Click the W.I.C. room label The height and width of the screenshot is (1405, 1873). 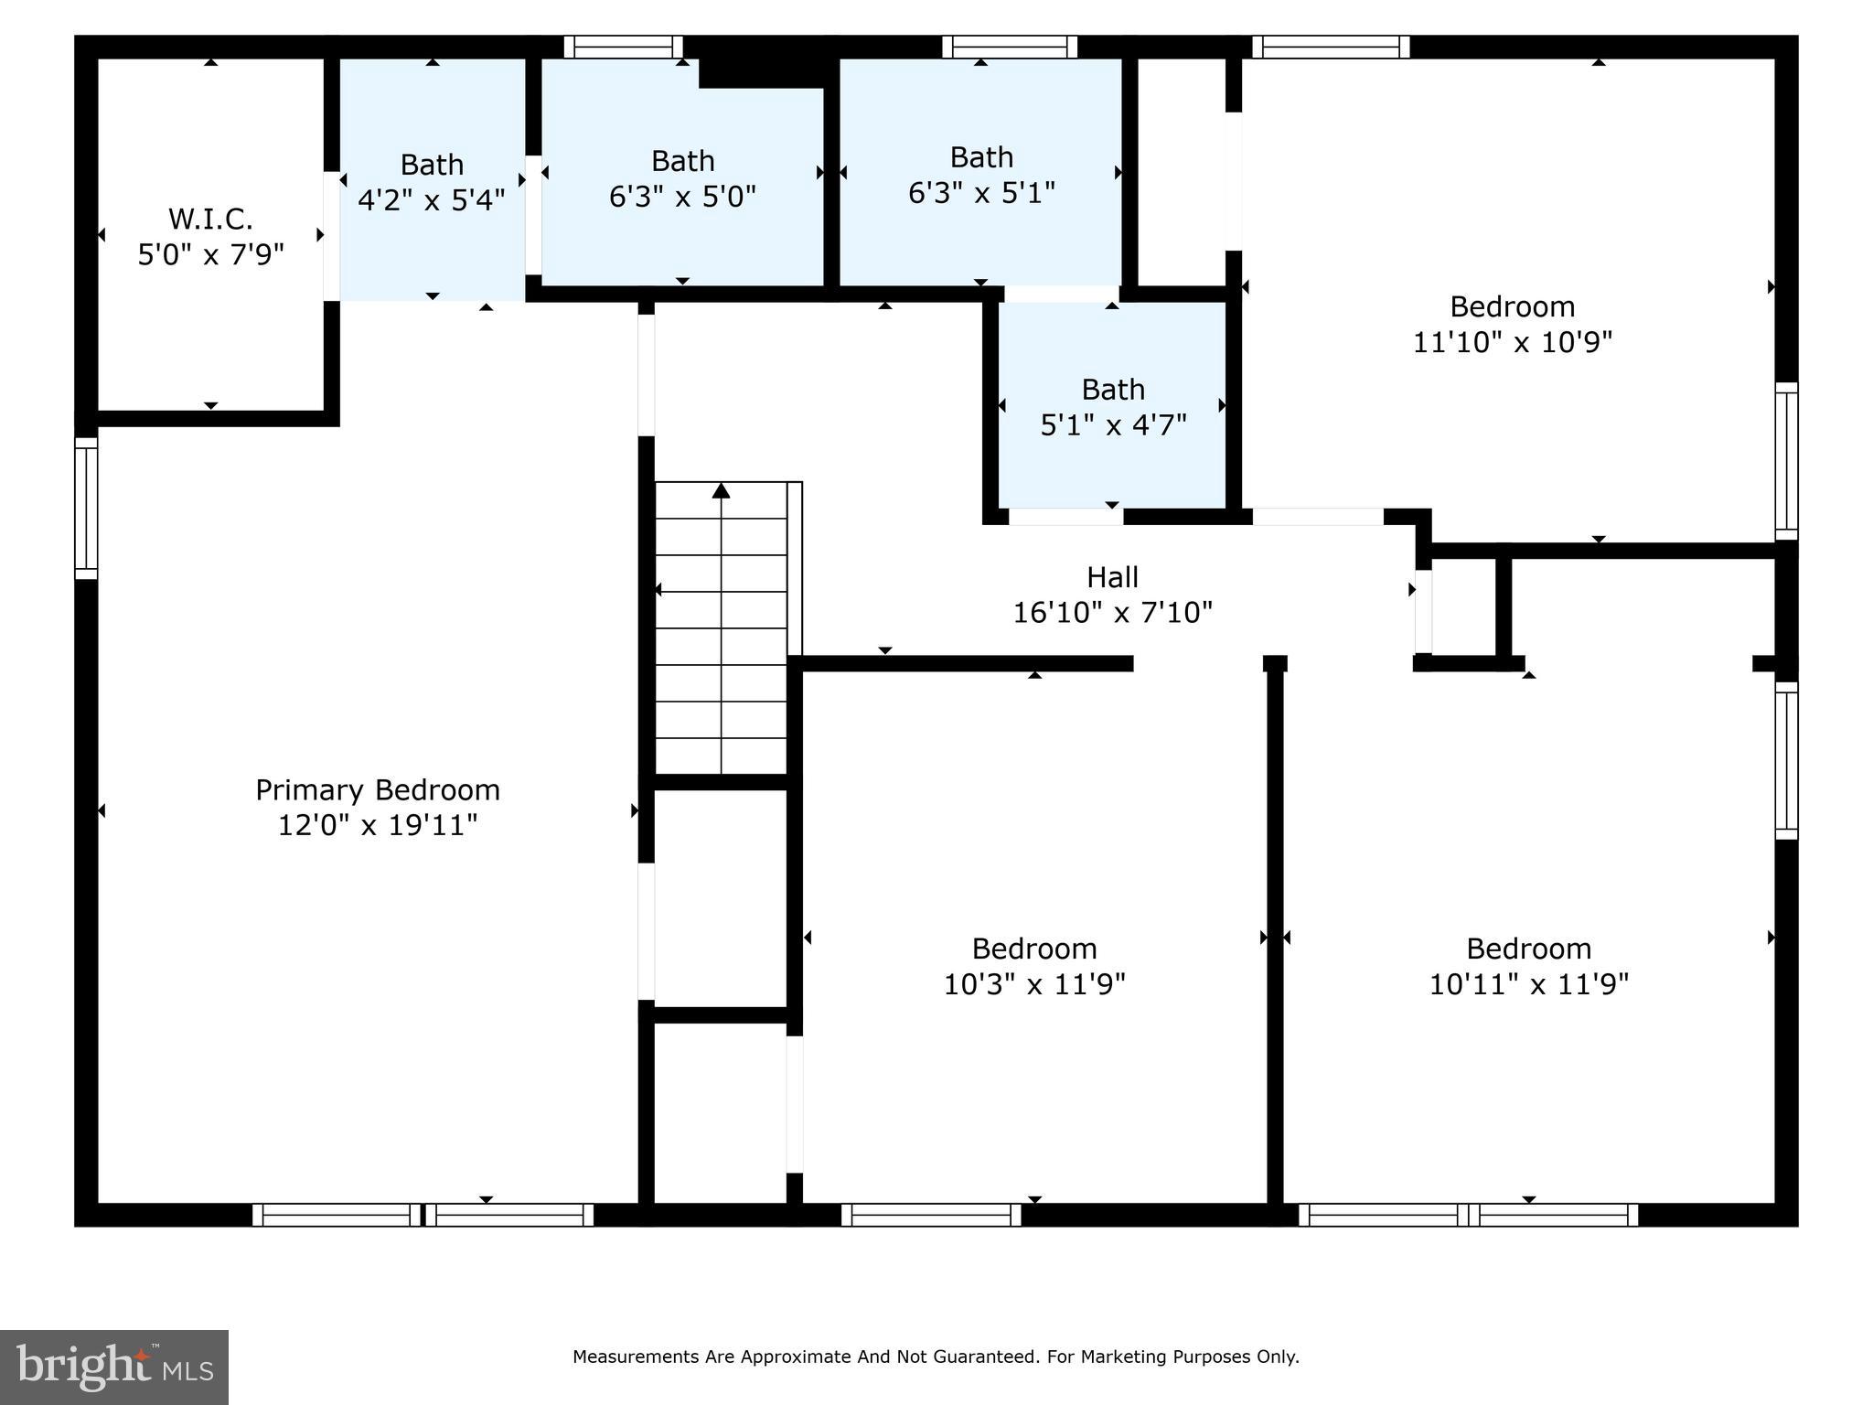click(x=210, y=219)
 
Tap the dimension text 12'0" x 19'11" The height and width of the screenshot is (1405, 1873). click(x=378, y=825)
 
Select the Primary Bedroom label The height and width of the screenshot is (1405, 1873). click(x=378, y=789)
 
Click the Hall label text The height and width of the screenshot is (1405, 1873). click(x=1112, y=577)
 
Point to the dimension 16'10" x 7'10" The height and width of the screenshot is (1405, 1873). click(x=1112, y=612)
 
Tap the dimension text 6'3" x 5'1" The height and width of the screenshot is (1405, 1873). click(x=981, y=193)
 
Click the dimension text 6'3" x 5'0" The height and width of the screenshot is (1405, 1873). click(x=682, y=196)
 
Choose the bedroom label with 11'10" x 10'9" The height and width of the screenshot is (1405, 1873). click(x=1512, y=306)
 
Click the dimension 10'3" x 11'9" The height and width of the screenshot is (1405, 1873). click(x=1034, y=984)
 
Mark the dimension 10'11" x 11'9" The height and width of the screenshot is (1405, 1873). click(x=1528, y=984)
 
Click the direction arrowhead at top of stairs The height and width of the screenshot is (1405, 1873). click(x=722, y=491)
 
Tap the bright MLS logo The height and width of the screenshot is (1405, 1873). click(x=114, y=1367)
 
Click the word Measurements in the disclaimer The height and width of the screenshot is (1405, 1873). click(x=636, y=1357)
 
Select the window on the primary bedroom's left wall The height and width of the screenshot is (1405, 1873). click(x=86, y=508)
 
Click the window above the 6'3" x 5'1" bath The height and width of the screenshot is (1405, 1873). click(x=1010, y=47)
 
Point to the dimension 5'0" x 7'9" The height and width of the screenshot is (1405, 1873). click(x=210, y=254)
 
